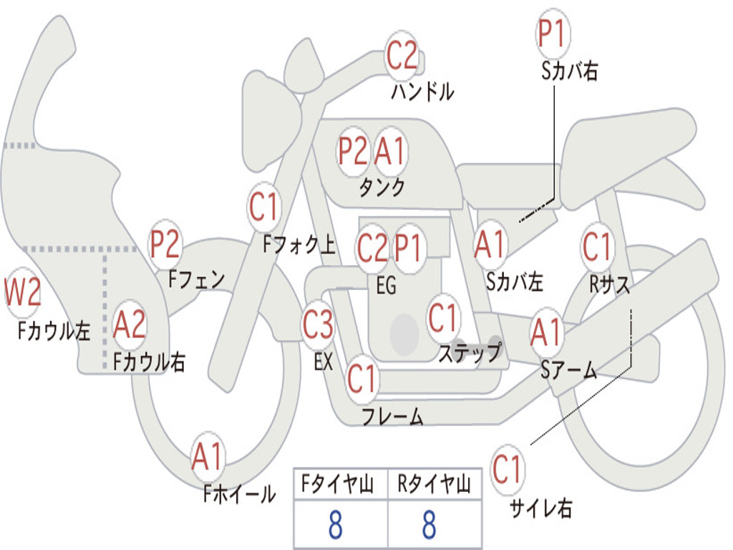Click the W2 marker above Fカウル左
[22, 292]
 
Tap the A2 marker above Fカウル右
[130, 324]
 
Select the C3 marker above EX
[318, 324]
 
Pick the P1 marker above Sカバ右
[553, 34]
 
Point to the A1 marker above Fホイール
[207, 456]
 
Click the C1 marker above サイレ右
[508, 469]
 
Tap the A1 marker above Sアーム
[545, 332]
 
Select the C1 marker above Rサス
[597, 246]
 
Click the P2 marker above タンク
[354, 151]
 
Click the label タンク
[382, 187]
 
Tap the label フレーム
[393, 415]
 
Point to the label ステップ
[470, 352]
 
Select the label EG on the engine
[386, 285]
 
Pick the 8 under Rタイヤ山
[429, 525]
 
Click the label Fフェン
[197, 279]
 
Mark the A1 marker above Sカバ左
[490, 245]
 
